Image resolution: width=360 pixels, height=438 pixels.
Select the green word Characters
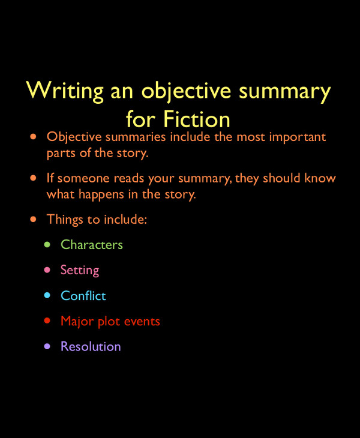92,245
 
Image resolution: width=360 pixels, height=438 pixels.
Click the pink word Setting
80,271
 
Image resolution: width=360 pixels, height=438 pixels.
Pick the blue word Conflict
83,296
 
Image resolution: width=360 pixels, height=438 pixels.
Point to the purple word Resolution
91,347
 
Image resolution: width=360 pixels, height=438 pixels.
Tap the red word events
142,322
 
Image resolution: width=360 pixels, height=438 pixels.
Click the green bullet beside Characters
47,244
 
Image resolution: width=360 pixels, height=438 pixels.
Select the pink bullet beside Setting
47,270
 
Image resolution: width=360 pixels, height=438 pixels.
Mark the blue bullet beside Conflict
47,295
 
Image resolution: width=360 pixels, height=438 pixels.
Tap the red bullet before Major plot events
47,321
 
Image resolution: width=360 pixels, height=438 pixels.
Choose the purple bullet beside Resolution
47,346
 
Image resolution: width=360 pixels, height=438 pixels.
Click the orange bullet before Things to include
34,220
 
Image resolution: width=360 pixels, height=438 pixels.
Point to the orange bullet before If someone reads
34,178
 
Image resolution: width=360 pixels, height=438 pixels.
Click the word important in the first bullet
296,137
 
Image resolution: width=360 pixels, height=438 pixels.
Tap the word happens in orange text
104,194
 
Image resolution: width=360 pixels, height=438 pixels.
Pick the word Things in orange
65,220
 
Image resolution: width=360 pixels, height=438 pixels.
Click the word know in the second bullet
322,179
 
